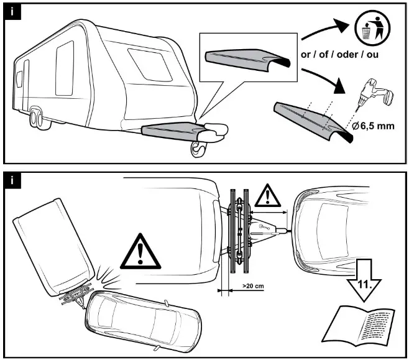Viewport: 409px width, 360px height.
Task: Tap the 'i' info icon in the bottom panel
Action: (12, 181)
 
